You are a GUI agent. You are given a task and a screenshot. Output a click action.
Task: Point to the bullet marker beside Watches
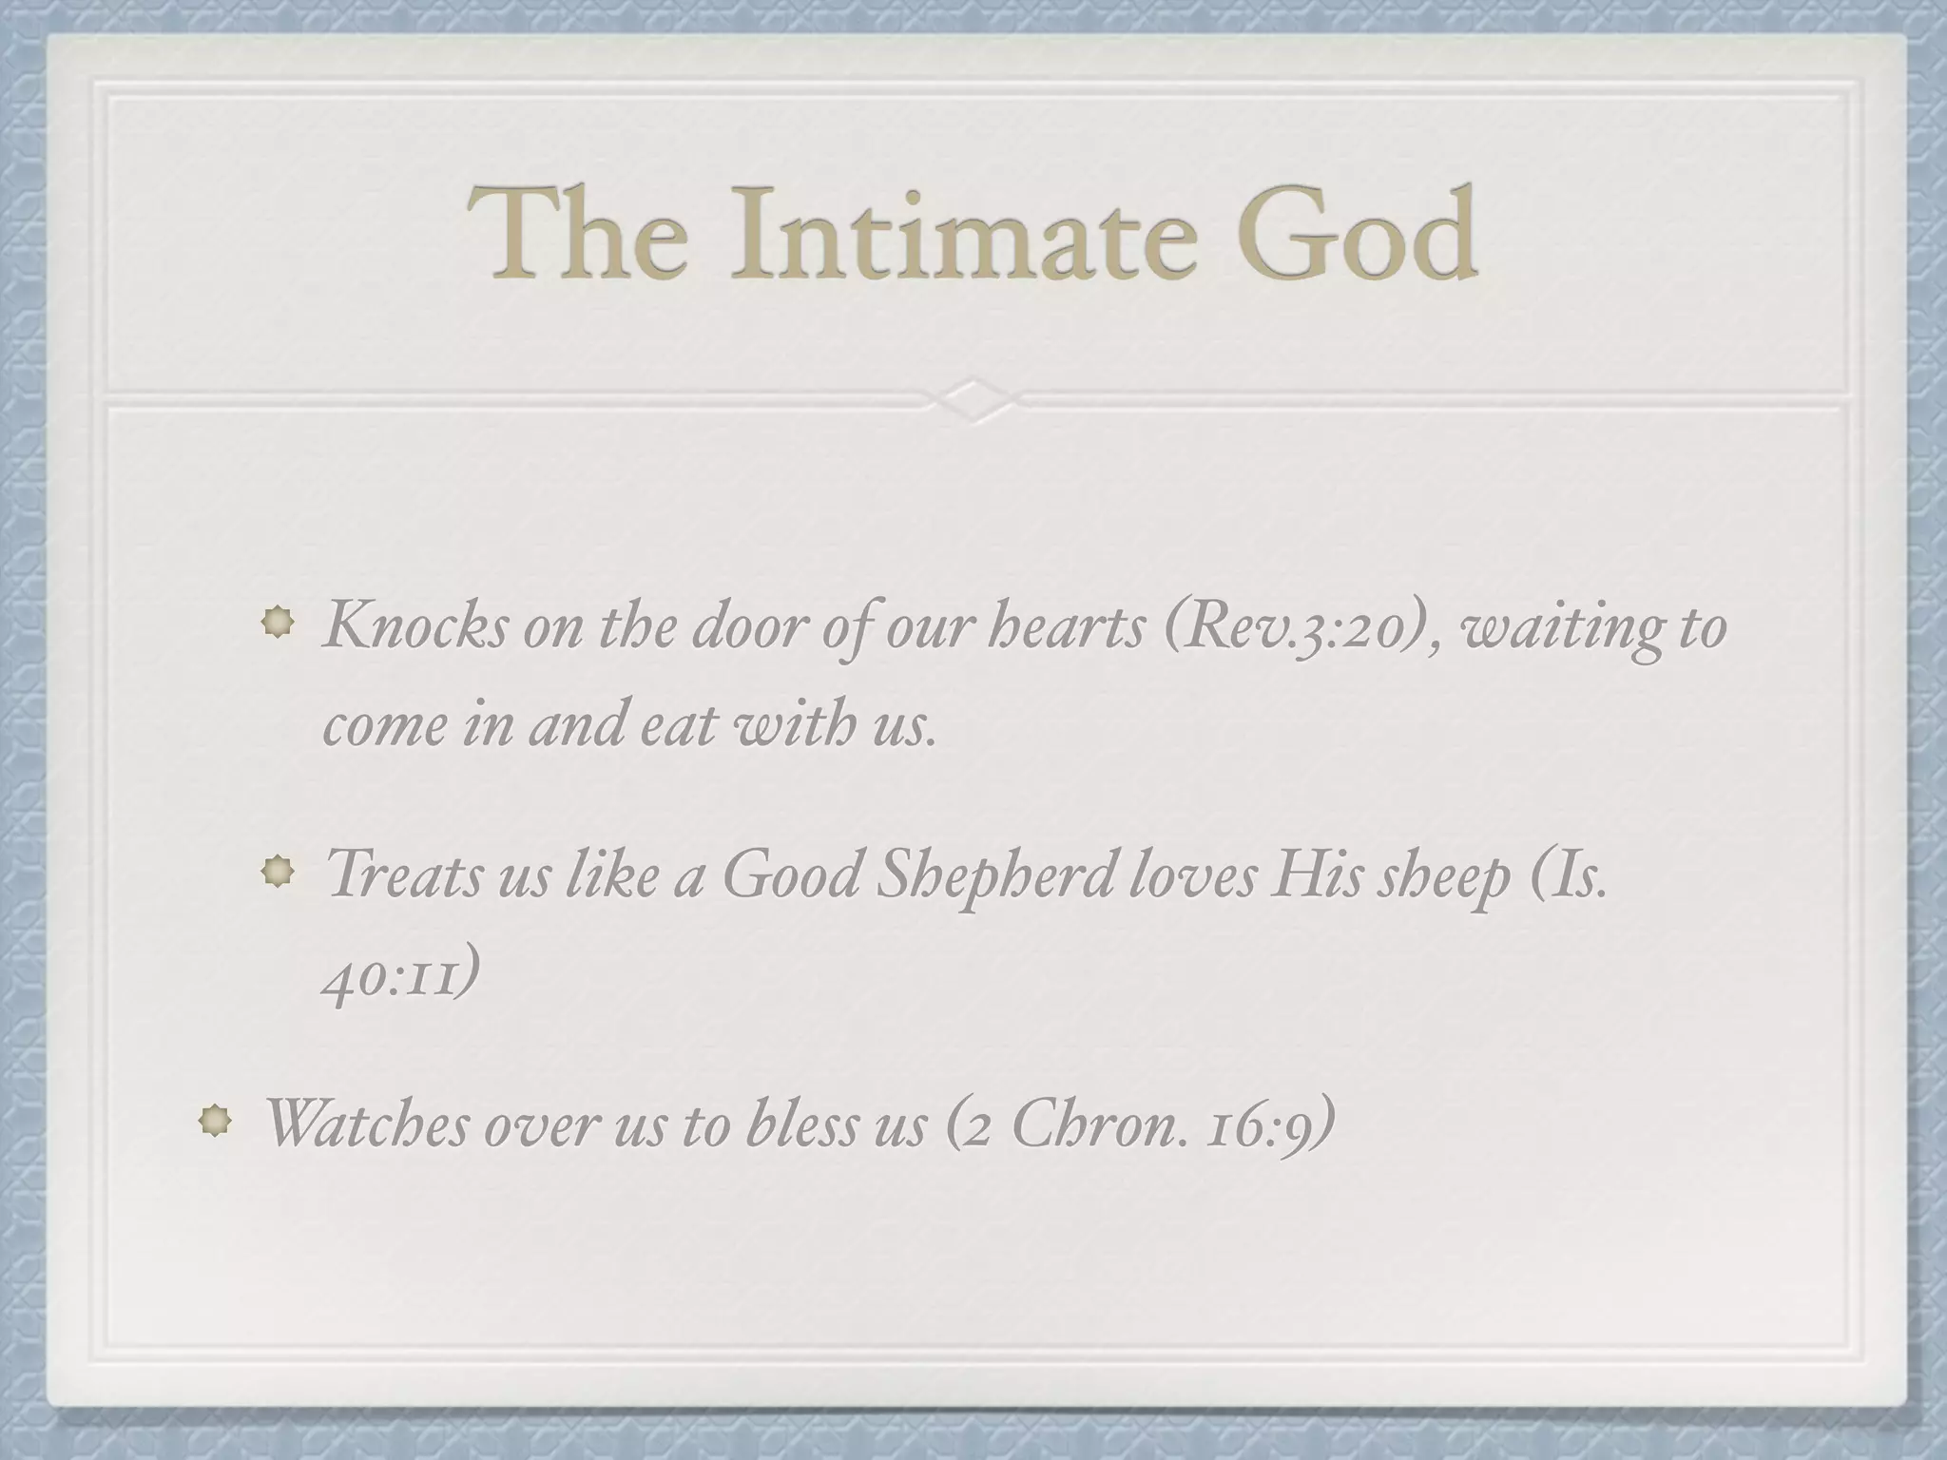click(x=215, y=1121)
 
